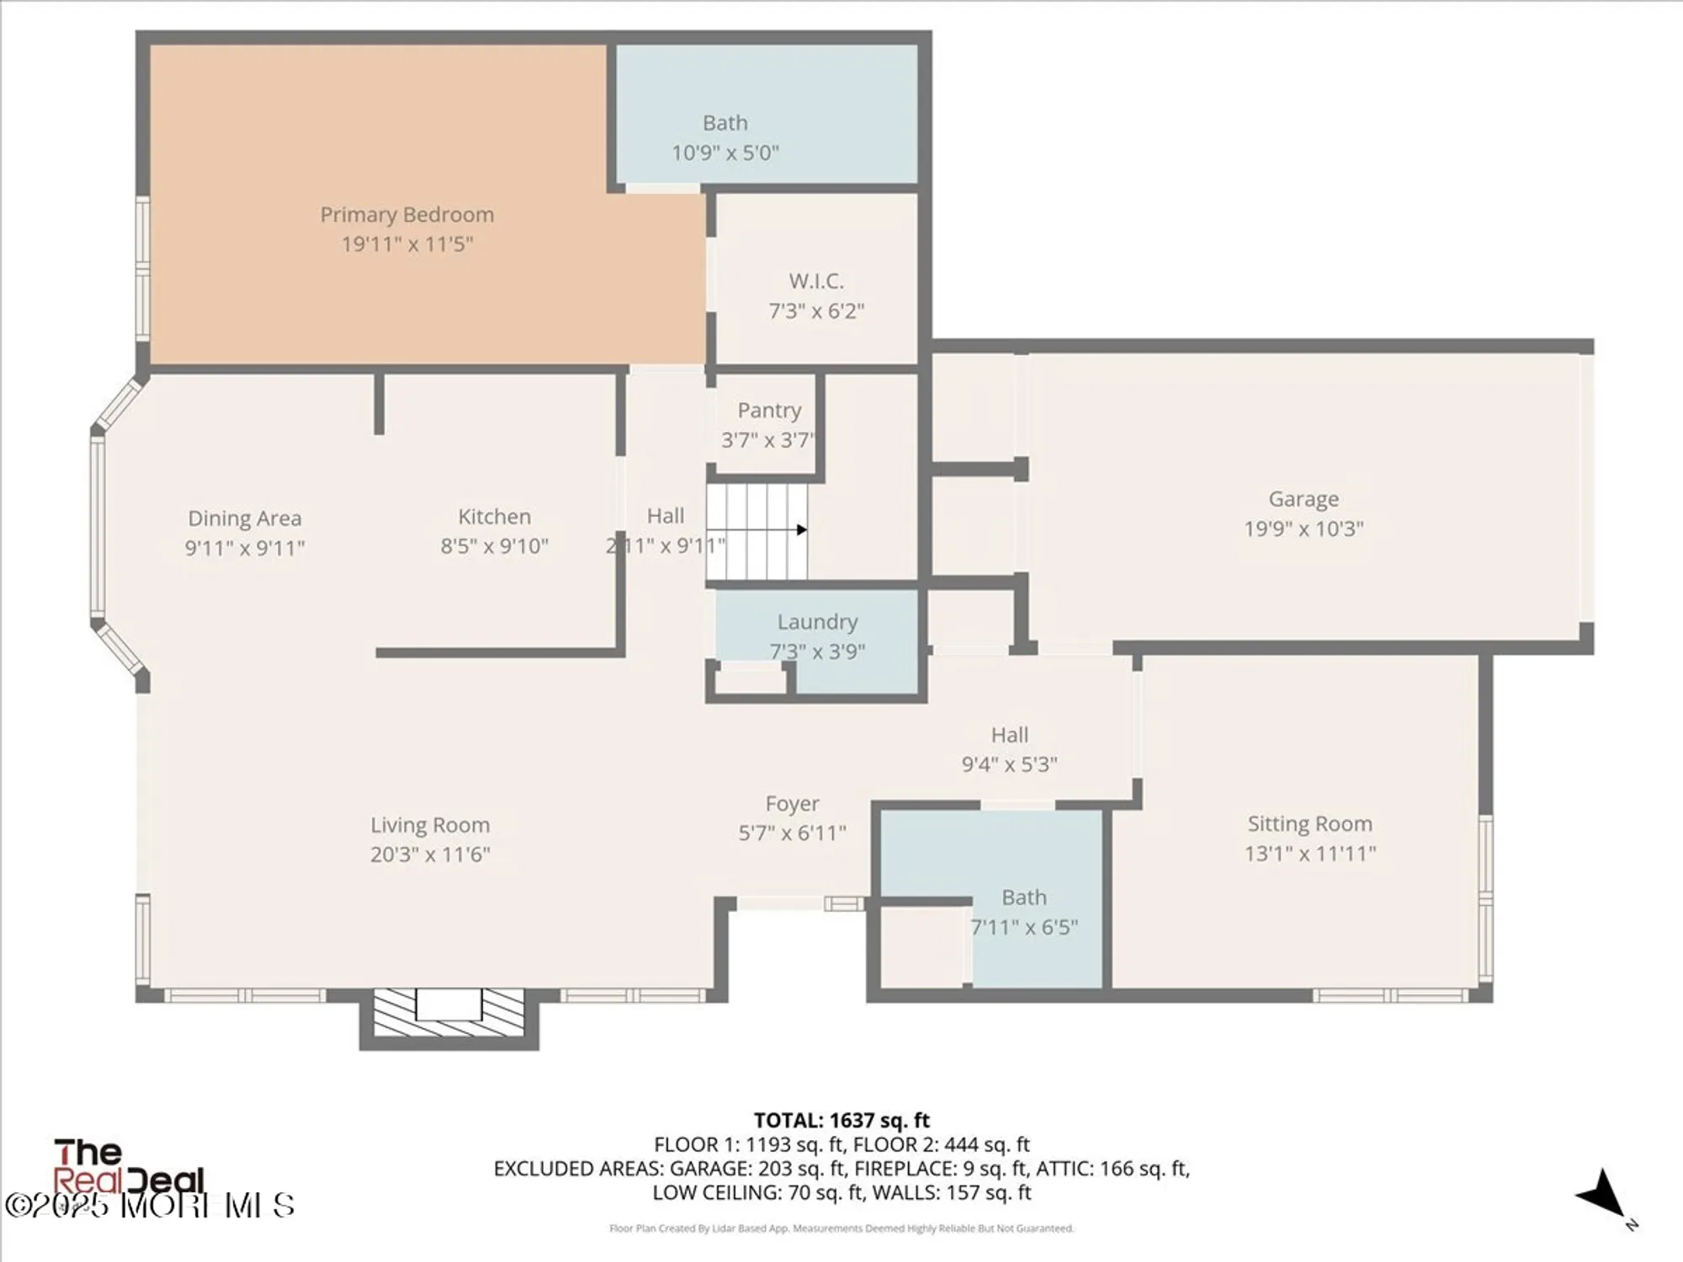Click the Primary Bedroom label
point(406,215)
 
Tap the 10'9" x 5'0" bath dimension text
point(725,153)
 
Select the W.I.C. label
point(815,281)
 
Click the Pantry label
point(769,411)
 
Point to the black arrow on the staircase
point(801,530)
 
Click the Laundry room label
point(817,622)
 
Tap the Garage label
point(1303,499)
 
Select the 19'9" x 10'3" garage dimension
point(1303,529)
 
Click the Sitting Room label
point(1309,824)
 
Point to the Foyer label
point(792,803)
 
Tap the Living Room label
point(430,825)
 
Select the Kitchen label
point(494,517)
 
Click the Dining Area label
point(244,518)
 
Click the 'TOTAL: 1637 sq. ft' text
point(841,1121)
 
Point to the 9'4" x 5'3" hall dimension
point(1009,765)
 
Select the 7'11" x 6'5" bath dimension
point(1024,927)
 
